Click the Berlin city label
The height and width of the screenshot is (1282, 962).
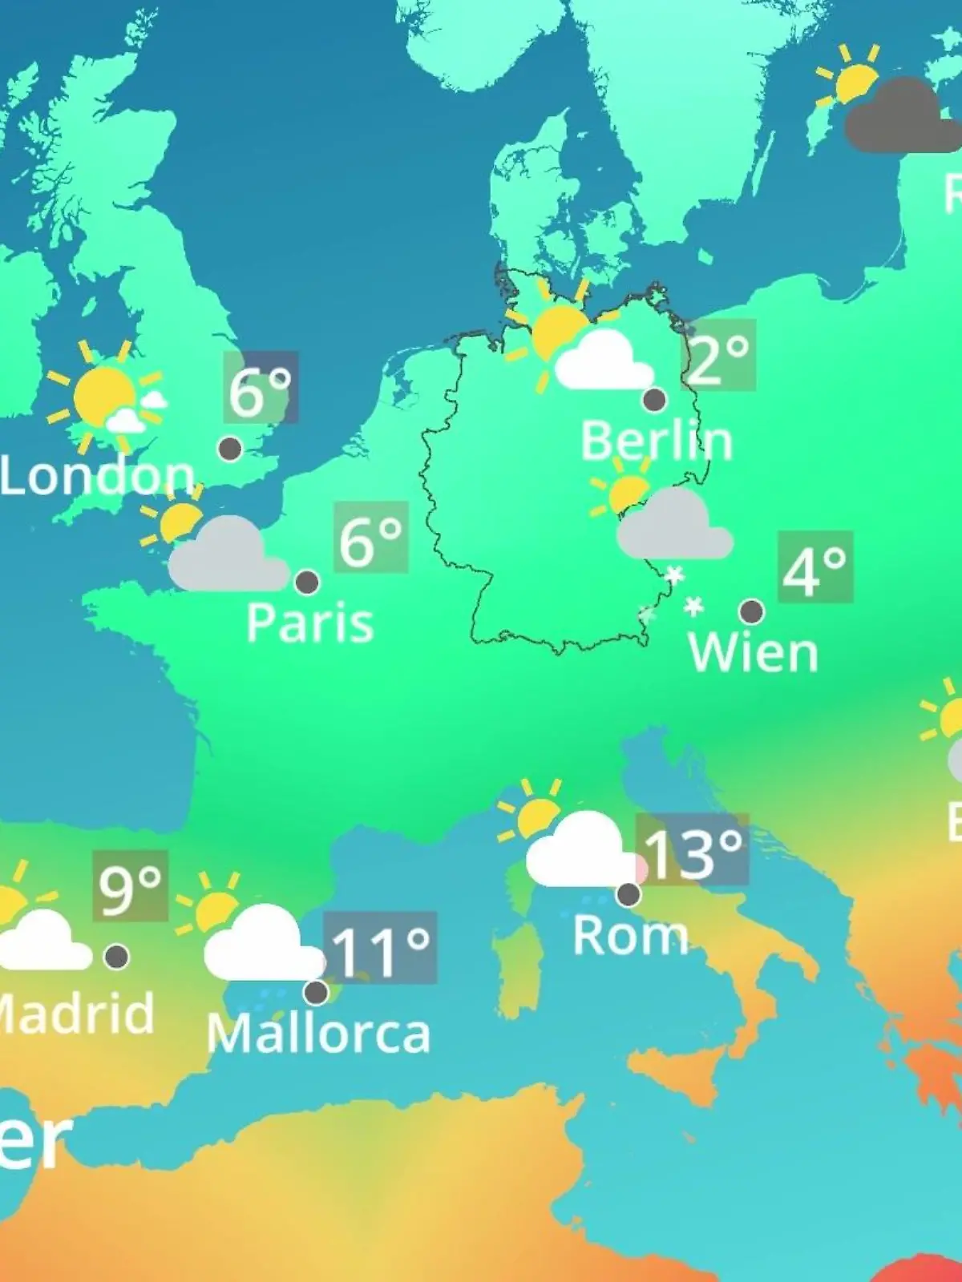coord(656,441)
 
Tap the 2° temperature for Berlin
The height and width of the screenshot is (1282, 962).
coord(718,356)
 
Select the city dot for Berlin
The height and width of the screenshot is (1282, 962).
coord(654,399)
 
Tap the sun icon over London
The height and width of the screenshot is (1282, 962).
coord(104,396)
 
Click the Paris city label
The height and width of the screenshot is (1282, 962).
coord(309,623)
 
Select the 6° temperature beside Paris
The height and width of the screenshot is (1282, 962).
coord(370,538)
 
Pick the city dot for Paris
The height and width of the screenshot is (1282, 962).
coord(307,582)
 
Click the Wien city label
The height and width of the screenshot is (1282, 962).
coord(753,652)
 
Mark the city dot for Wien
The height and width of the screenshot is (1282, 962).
coord(751,611)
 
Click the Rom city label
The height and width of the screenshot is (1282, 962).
coord(630,935)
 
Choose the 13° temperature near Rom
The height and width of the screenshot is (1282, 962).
coord(693,851)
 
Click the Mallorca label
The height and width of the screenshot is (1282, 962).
coord(318,1034)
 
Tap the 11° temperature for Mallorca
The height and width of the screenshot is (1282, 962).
coord(380,949)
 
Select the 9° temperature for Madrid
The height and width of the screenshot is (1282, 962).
coord(130,886)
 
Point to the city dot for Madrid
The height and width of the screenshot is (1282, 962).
coord(117,956)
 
